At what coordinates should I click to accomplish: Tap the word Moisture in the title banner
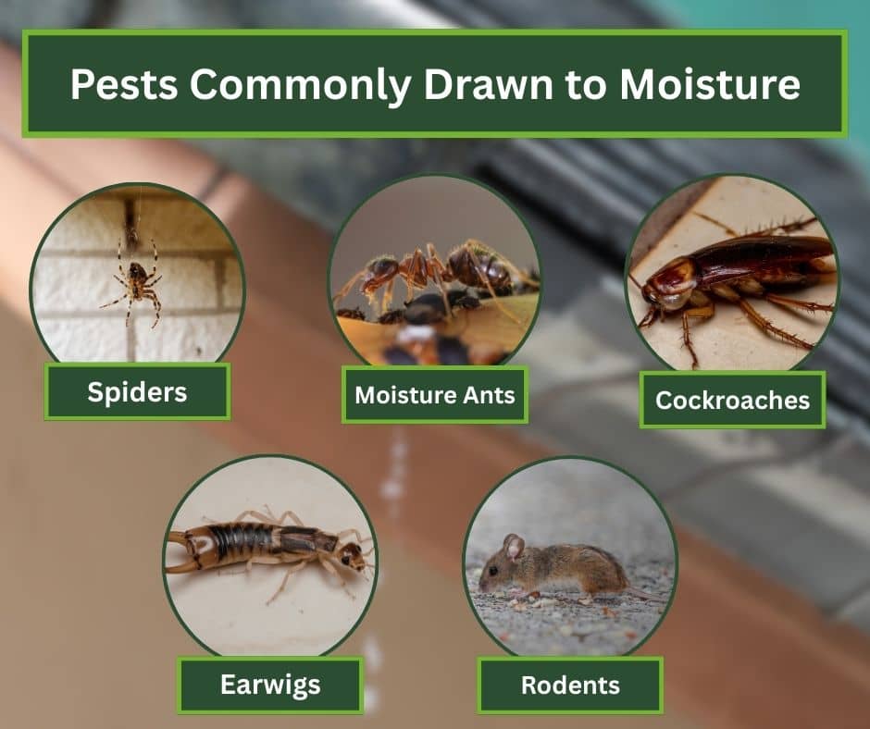click(709, 84)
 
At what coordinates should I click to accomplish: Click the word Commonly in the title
click(306, 86)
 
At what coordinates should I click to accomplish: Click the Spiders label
click(137, 391)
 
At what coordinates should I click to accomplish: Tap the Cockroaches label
click(732, 400)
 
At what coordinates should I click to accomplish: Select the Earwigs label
click(270, 685)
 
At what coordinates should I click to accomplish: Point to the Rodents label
click(570, 686)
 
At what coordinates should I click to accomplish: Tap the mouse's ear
click(512, 546)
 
